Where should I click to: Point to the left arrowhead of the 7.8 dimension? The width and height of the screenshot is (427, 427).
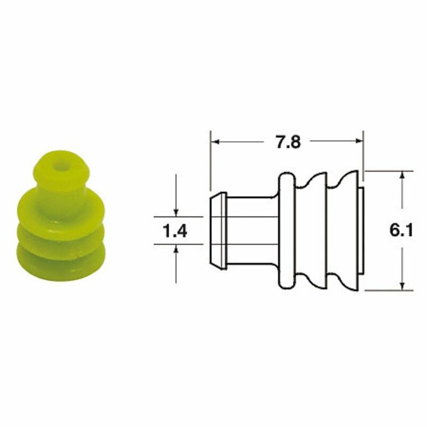[214, 143]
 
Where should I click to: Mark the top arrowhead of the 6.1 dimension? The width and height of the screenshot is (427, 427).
[402, 175]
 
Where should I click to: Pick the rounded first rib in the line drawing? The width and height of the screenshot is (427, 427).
[286, 231]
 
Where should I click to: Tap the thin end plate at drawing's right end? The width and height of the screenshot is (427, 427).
[361, 231]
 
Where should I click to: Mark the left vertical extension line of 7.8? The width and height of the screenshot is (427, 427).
[210, 160]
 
